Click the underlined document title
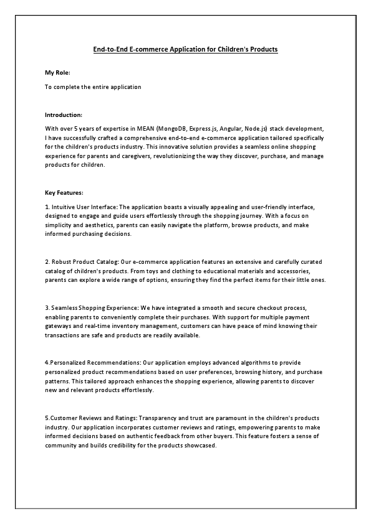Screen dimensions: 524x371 point(185,49)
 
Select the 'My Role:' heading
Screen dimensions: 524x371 point(57,73)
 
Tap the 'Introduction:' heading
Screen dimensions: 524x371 point(64,115)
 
